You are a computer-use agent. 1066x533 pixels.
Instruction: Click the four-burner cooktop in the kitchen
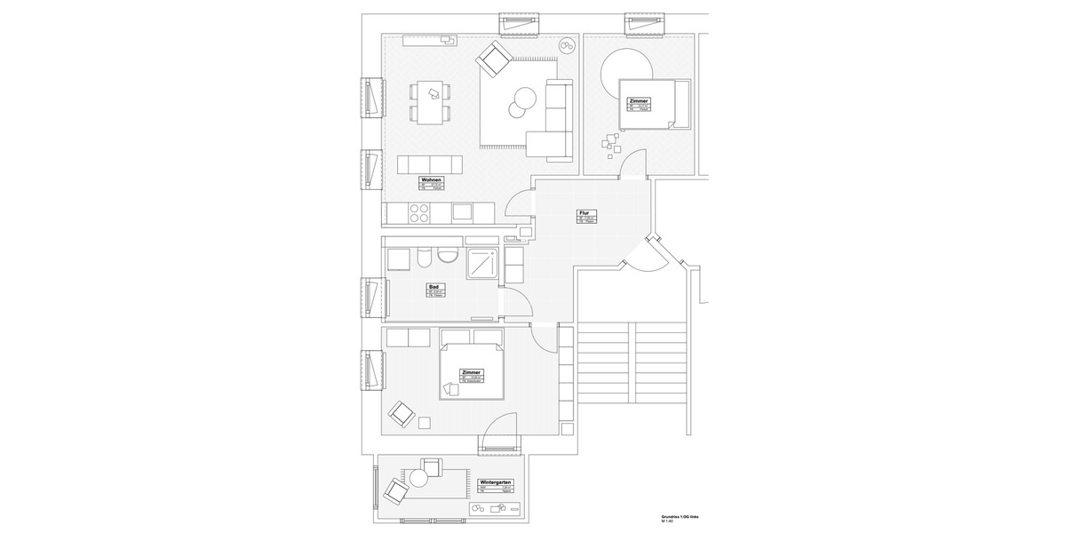point(418,213)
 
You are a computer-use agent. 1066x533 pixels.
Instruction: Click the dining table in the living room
point(430,100)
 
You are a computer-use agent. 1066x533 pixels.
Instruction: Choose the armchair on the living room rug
point(492,60)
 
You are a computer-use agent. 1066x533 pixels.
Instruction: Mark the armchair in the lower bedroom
point(402,414)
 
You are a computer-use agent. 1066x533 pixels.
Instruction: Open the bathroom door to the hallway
point(518,307)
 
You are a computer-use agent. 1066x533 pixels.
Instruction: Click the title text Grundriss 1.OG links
point(680,516)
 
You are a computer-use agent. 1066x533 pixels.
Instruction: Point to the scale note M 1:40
point(667,522)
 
